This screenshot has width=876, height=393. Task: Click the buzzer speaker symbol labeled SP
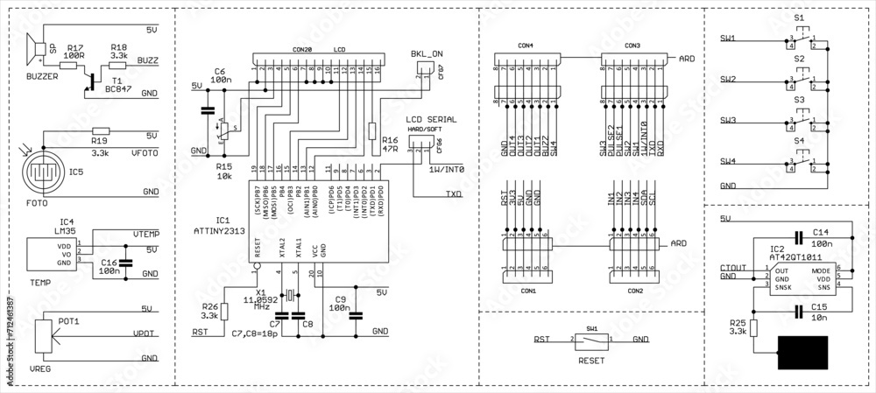[38, 51]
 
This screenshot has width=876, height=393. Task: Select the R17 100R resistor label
[75, 52]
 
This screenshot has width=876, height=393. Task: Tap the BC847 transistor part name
[118, 88]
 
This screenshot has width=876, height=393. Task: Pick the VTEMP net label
[145, 235]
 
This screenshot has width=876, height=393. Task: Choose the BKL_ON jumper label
[427, 54]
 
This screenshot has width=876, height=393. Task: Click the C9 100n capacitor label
[340, 304]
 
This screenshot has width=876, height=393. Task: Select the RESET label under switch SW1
[591, 359]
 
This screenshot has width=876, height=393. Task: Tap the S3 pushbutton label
[798, 100]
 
